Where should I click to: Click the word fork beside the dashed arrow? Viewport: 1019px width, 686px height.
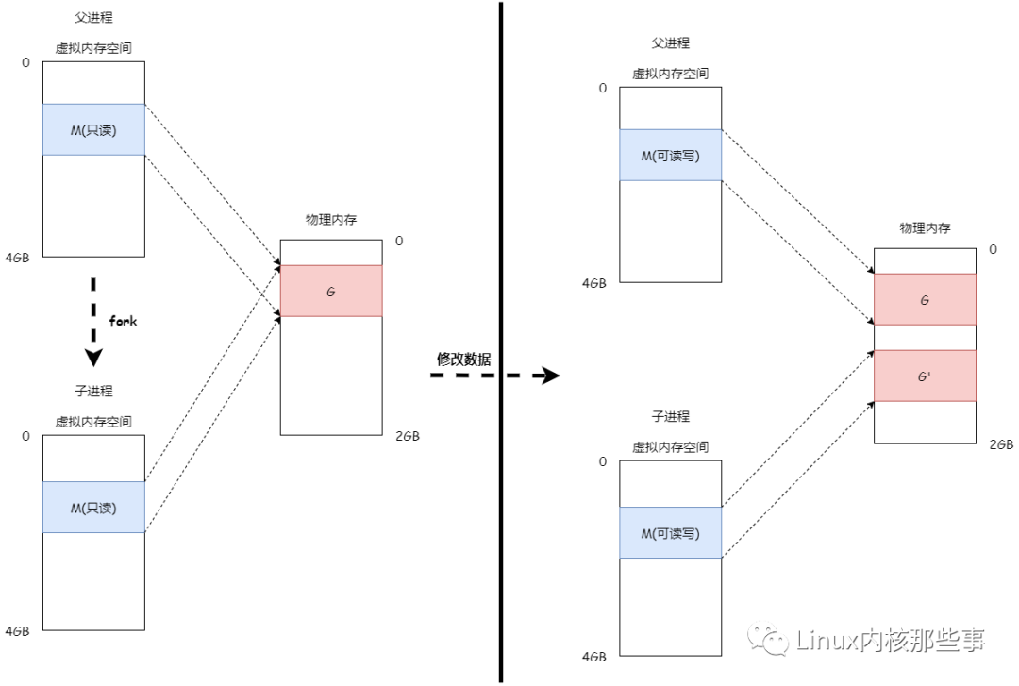123,322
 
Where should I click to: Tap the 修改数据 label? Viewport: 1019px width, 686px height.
463,359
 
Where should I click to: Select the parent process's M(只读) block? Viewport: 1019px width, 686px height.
93,130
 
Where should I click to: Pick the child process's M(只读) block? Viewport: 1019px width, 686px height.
93,508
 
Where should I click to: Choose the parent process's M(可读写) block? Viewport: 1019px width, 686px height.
671,156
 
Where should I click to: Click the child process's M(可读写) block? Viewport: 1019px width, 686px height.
671,533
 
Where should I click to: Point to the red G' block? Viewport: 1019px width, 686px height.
925,376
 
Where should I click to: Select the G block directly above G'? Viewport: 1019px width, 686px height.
925,300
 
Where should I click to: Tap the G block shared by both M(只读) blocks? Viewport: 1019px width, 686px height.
331,292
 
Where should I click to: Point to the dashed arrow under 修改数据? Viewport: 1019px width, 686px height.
494,376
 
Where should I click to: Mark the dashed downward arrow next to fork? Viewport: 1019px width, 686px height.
92,322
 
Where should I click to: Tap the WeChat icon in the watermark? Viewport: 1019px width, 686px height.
768,641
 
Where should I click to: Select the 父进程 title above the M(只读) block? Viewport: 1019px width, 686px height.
93,18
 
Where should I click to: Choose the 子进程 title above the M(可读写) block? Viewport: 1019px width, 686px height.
671,416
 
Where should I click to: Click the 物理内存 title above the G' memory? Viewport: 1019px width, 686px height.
925,228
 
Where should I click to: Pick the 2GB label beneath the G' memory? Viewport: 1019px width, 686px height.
1001,443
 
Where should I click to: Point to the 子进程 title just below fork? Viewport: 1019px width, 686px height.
93,391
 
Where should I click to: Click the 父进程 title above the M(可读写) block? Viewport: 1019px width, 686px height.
671,43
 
